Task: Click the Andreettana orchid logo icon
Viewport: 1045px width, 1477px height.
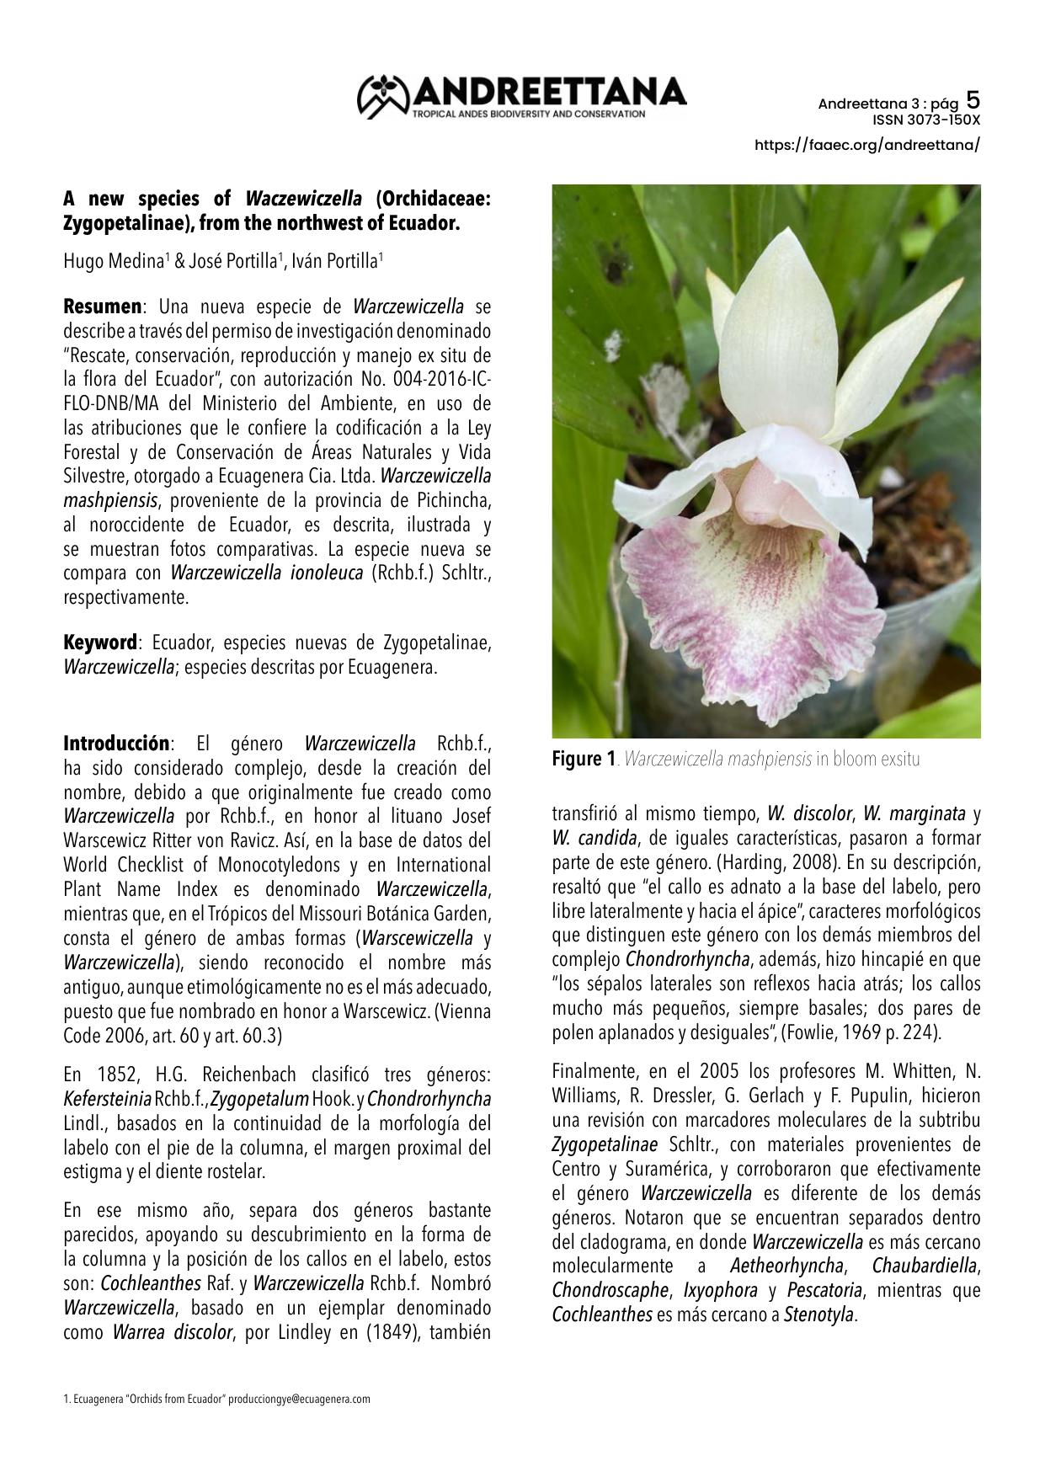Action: tap(384, 95)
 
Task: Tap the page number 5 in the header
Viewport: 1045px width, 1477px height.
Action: tap(973, 100)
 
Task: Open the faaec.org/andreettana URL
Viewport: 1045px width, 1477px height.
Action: tap(867, 145)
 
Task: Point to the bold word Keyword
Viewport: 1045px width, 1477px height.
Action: tap(100, 643)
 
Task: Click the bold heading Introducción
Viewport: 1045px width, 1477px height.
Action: tap(116, 744)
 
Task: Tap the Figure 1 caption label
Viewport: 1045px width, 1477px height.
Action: tap(583, 759)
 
